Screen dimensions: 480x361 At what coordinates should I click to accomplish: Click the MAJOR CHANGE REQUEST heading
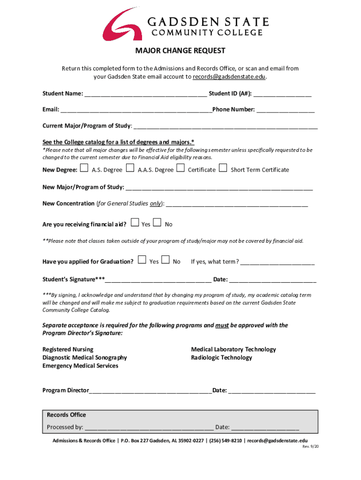180,51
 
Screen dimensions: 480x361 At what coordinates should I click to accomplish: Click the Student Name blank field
145,94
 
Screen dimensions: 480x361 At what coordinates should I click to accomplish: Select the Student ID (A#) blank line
283,94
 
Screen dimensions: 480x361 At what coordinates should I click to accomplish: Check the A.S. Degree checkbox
84,168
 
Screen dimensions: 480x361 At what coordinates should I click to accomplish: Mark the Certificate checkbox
180,168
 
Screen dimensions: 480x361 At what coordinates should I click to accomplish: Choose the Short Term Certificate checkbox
223,168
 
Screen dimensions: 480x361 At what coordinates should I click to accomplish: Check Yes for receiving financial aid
135,223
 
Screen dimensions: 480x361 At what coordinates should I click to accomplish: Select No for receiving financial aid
158,223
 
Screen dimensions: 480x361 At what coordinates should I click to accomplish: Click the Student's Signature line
158,280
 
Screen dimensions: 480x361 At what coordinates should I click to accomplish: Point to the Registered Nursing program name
68,349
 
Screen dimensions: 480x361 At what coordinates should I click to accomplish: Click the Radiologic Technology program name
221,358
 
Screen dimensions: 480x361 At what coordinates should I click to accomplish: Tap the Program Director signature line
150,390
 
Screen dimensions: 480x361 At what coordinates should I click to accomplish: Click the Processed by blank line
149,427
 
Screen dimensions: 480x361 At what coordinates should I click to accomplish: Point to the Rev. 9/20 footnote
310,447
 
